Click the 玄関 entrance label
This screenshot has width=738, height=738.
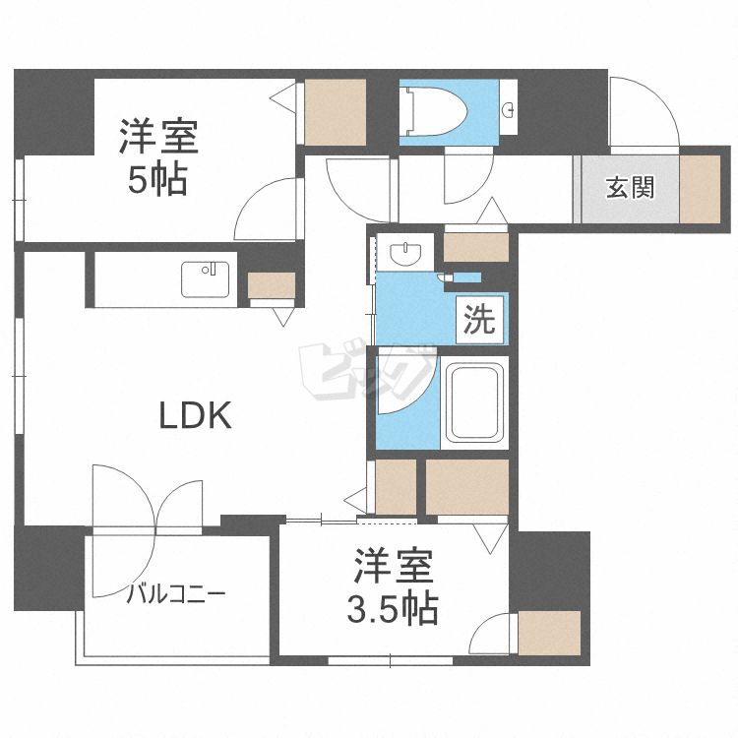click(630, 187)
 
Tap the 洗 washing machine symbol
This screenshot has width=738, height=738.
click(479, 320)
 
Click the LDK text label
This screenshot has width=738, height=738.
click(196, 416)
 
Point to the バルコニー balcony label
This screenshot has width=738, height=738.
click(177, 594)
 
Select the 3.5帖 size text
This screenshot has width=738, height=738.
click(392, 611)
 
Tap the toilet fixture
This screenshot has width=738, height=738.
click(433, 108)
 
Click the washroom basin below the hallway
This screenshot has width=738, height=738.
click(404, 255)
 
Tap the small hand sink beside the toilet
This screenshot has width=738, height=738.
click(509, 109)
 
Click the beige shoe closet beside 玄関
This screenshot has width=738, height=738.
click(700, 187)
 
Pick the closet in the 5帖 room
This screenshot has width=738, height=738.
click(335, 110)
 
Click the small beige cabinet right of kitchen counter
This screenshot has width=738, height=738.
click(271, 285)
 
